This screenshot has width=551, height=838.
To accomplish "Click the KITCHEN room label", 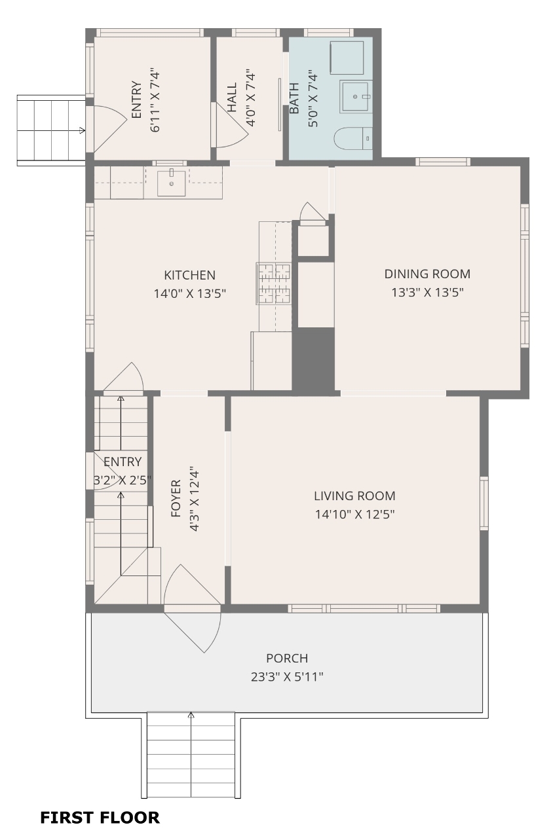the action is coord(190,276).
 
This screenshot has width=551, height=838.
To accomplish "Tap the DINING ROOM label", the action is coord(427,274).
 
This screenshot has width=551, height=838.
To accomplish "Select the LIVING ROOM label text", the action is coord(354,496).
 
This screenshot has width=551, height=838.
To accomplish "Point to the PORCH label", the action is coord(287,658).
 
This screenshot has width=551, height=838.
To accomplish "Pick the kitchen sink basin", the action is coord(172,183).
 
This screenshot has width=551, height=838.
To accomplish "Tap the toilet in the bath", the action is coord(353,138).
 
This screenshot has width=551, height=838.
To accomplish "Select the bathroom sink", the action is coord(356,96).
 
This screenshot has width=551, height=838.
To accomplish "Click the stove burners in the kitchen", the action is coord(273,283).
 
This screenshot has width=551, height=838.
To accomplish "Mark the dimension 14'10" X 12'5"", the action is coord(354,515).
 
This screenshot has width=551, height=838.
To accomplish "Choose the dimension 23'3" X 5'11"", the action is coord(287,677).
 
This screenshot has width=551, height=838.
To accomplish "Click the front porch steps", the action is coord(191,755).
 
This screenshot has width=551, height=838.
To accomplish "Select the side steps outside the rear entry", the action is coord(51,130).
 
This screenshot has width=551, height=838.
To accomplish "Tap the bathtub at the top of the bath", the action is coord(347,58).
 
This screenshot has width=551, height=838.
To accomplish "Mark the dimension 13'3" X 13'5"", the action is coord(427,292).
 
